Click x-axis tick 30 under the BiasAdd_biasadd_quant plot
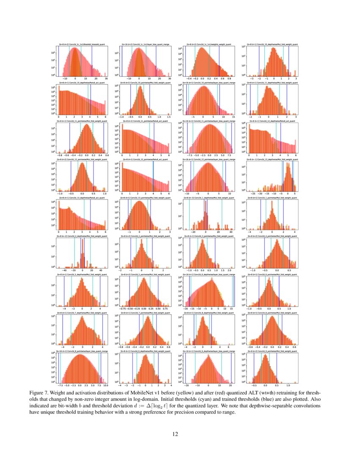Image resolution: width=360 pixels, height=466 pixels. pos(106,79)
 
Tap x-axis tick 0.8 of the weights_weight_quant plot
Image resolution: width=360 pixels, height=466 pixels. pos(229,79)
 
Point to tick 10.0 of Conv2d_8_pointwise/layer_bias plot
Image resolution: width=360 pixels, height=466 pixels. pos(105,386)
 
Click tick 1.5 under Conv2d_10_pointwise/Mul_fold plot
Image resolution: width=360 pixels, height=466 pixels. pos(169,117)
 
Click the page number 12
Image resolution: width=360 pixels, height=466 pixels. pos(180,434)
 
